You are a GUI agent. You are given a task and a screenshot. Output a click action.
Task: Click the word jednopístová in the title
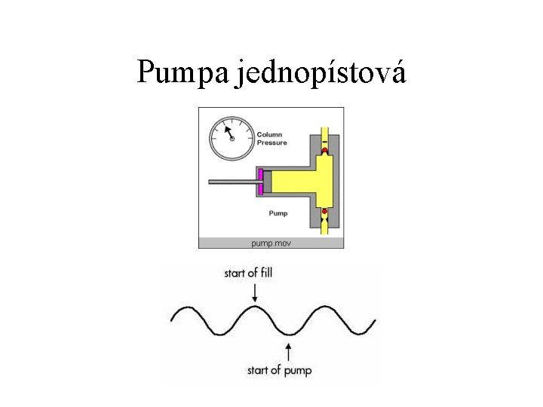tap(321, 73)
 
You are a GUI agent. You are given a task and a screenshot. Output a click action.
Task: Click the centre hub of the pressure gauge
tap(232, 139)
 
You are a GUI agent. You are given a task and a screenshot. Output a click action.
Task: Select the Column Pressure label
tap(272, 139)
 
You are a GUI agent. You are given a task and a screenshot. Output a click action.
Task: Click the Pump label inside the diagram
tap(278, 213)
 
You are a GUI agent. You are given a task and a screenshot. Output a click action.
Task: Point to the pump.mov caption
tap(271, 243)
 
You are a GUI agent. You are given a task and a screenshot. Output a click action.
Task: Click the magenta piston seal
tap(260, 182)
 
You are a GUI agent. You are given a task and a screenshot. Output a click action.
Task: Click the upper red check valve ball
tap(324, 151)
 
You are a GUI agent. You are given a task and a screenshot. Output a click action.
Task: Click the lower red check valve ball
tap(324, 211)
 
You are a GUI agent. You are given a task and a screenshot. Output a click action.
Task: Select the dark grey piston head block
tap(266, 182)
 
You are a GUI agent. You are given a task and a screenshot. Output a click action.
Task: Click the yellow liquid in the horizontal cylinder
tap(290, 182)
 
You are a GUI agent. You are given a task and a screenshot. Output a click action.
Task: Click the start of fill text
tap(248, 272)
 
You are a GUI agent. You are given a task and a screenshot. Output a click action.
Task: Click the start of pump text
tap(280, 370)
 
